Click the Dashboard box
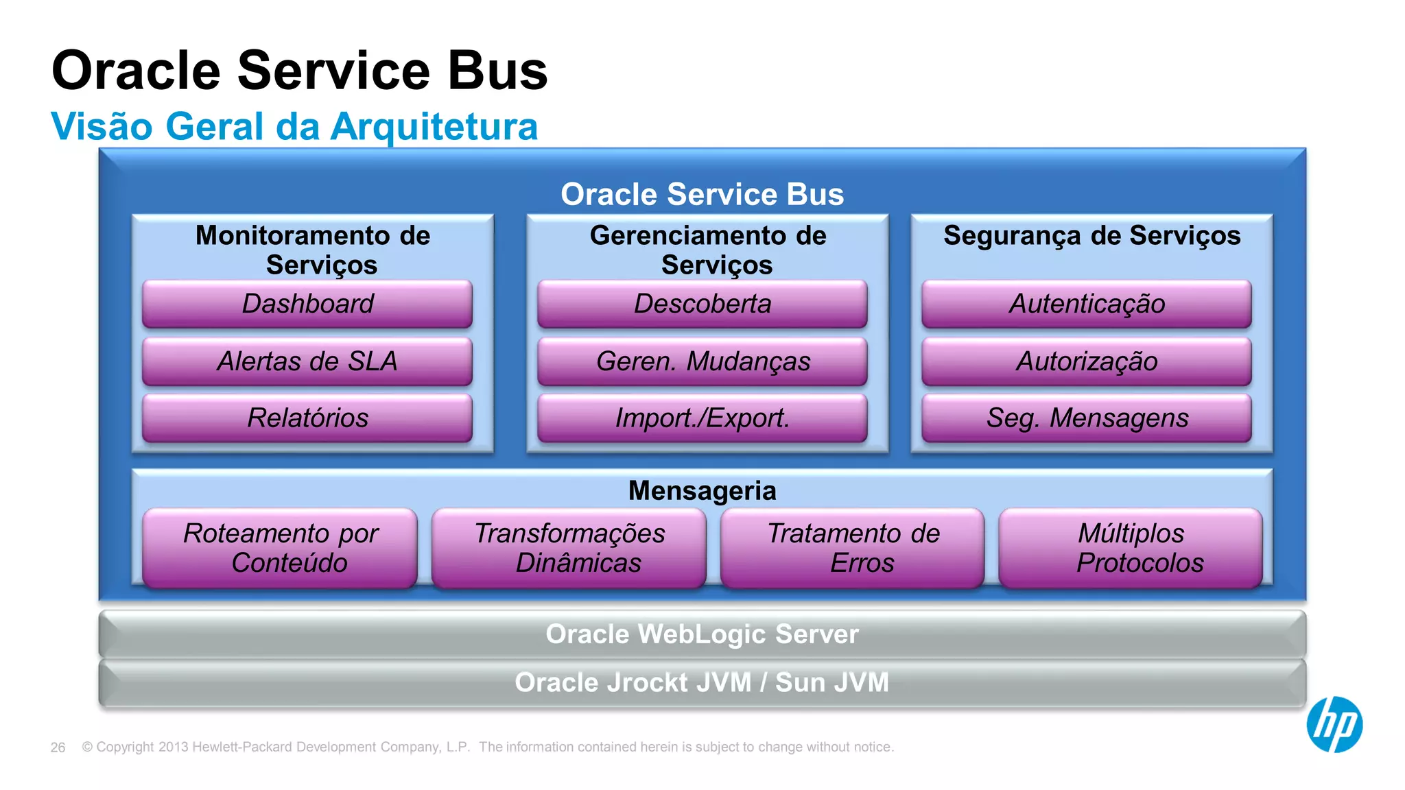coord(307,304)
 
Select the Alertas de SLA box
coord(307,361)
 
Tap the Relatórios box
coord(307,418)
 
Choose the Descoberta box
coord(702,304)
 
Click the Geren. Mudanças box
coord(702,361)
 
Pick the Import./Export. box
coord(702,418)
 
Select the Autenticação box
coord(1086,304)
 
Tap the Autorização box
coord(1086,361)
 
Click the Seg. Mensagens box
coord(1086,418)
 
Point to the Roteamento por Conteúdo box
coord(280,548)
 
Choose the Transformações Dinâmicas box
coord(569,548)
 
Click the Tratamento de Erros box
coord(852,548)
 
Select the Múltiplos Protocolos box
coord(1131,548)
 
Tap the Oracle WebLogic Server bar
coord(702,634)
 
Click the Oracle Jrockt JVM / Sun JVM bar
coord(702,683)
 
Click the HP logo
coord(1334,725)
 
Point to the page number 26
coord(58,747)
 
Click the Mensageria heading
coord(702,491)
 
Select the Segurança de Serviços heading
coord(1091,236)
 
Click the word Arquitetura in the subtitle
coord(434,127)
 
